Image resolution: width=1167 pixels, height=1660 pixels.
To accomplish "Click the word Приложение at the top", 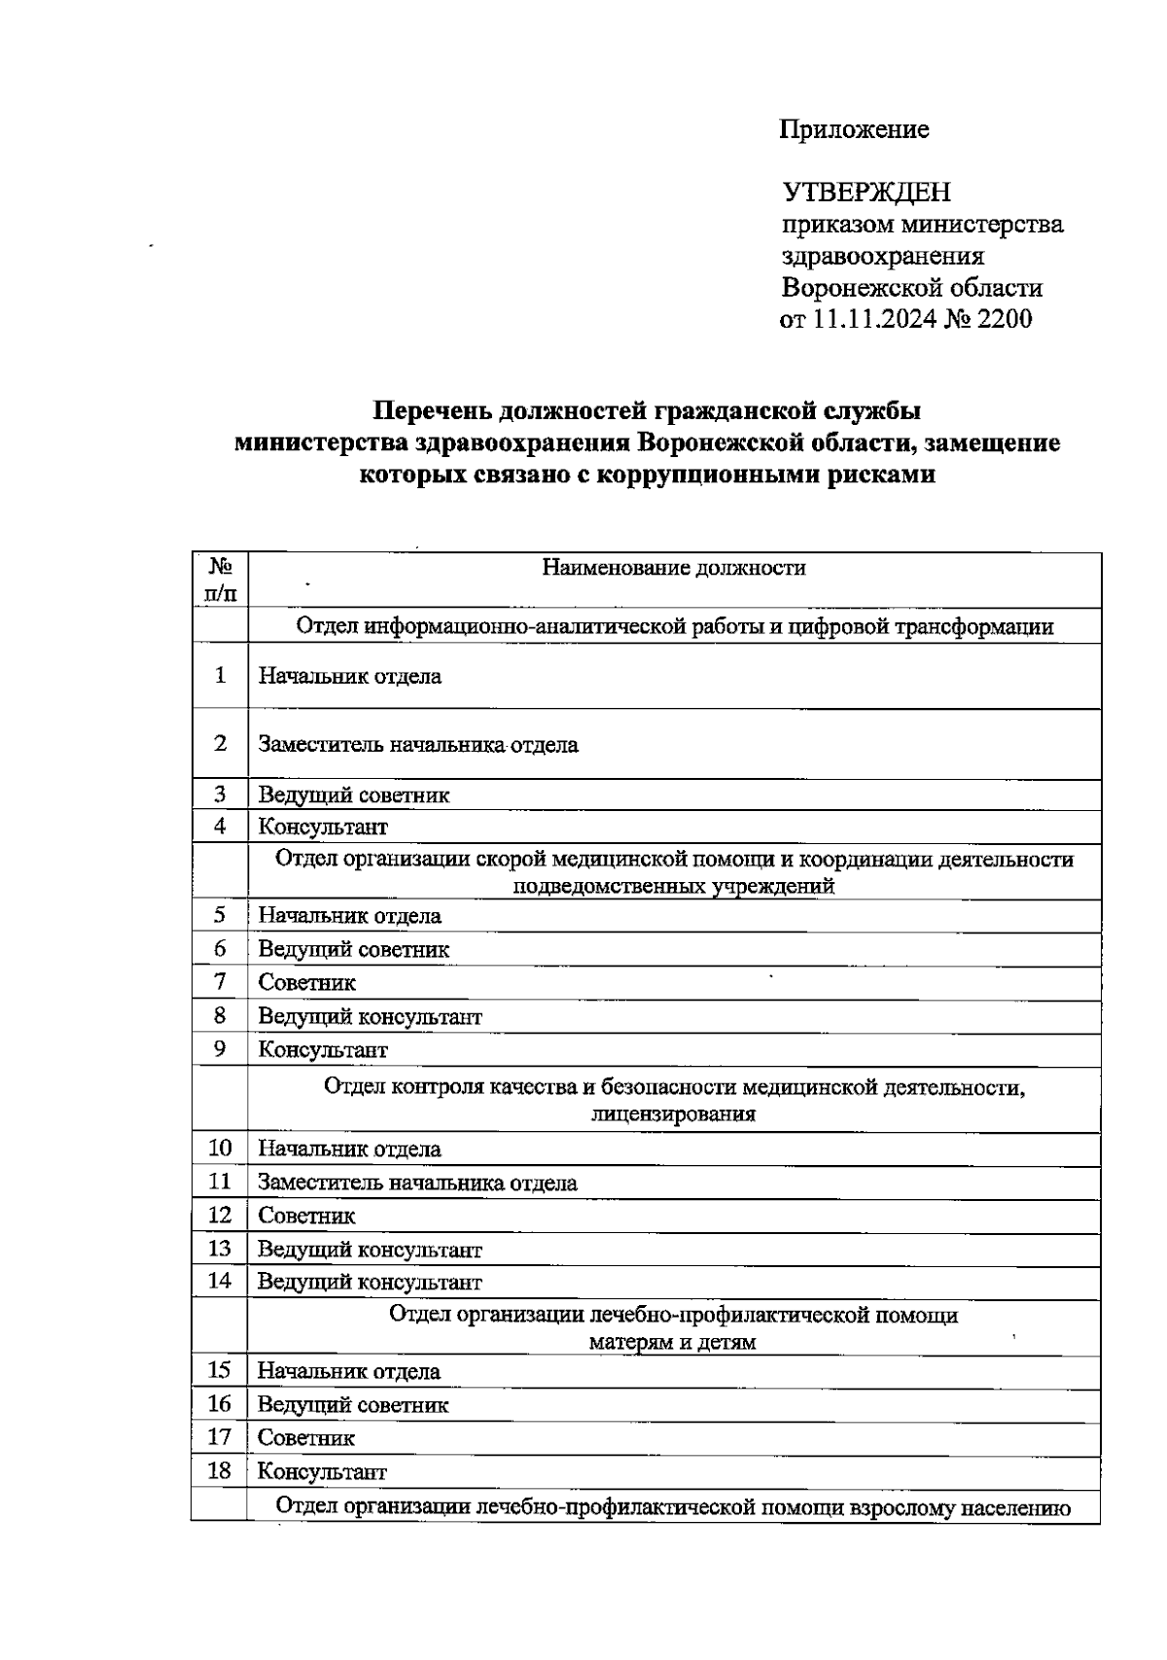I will pos(854,129).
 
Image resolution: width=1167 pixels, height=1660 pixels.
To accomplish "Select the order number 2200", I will pos(1004,319).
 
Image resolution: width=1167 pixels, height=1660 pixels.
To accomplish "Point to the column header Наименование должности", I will pos(674,568).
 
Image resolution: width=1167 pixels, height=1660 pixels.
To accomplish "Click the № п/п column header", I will pos(221,580).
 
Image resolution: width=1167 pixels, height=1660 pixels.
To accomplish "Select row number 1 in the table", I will pos(221,675).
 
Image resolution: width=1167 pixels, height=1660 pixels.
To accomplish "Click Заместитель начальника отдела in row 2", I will pos(418,746).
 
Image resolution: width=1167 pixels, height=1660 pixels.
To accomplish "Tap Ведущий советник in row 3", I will pos(354,795).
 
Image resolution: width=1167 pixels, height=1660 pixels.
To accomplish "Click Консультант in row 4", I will pos(323,828).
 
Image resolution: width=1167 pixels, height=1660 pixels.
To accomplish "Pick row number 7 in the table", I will pos(221,982).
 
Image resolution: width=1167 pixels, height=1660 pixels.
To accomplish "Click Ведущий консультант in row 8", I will pos(370,1017).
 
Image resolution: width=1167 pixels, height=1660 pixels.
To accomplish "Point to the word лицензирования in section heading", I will pos(674,1114).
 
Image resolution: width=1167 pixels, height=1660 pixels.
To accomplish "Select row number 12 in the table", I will pos(221,1216).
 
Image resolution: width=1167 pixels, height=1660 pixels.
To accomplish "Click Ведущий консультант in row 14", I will pos(370,1282).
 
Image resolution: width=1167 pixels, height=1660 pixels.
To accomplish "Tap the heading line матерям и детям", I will pos(673,1343).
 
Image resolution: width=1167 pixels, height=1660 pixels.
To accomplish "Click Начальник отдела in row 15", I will pos(349,1372).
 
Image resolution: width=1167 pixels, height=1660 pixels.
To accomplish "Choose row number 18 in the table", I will pos(220,1471).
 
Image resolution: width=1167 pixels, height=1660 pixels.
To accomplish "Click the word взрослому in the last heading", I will pos(902,1508).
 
